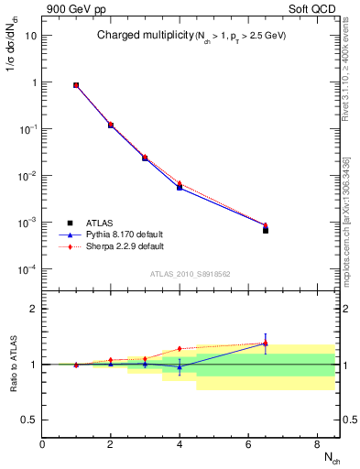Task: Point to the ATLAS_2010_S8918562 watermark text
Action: coord(190,274)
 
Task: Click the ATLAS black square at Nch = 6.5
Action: coord(265,230)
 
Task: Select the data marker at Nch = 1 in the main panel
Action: coord(76,85)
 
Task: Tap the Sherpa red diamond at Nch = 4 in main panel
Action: coord(180,183)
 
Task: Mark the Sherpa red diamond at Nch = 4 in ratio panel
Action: coord(180,349)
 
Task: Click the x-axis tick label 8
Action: coord(316,444)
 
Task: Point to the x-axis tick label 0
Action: coord(42,444)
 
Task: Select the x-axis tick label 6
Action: coord(247,444)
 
